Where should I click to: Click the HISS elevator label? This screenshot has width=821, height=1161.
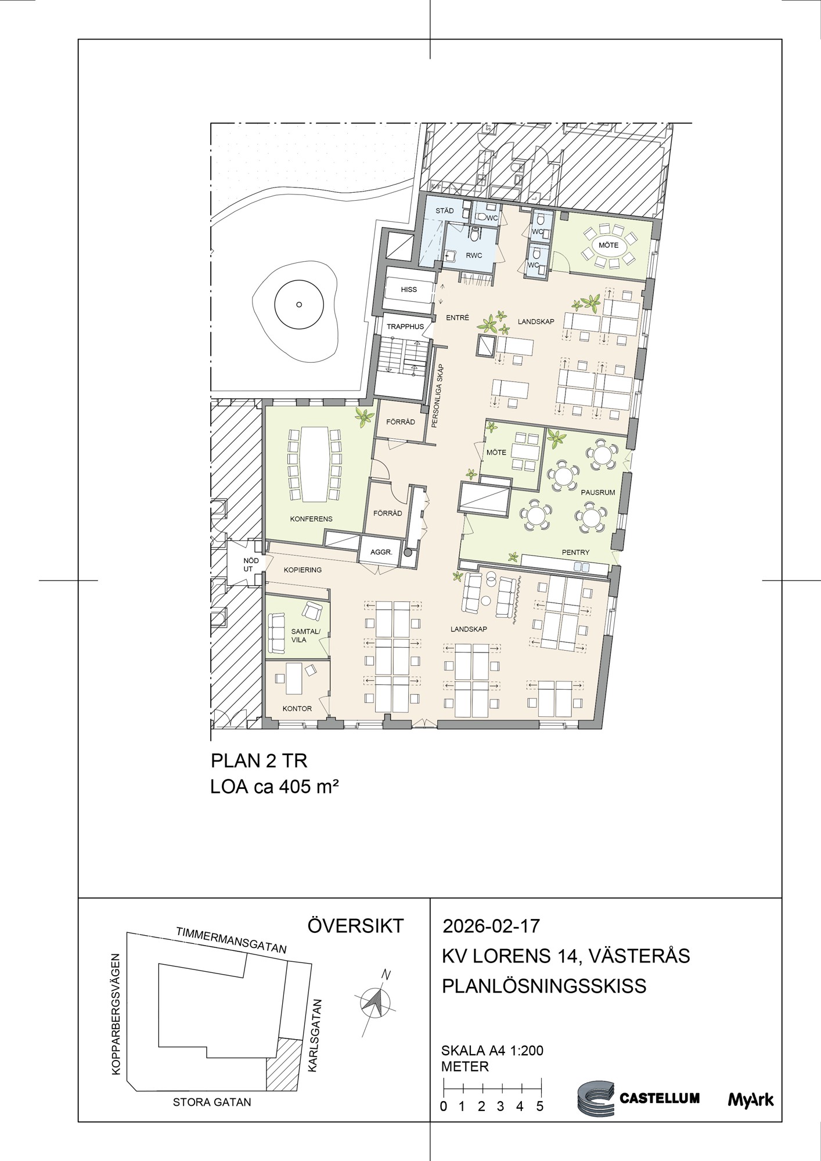click(x=409, y=289)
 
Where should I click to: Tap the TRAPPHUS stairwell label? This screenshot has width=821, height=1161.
click(x=405, y=326)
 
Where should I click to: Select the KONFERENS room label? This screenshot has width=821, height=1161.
click(x=311, y=518)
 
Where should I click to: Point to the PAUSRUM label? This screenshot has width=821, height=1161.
click(x=597, y=492)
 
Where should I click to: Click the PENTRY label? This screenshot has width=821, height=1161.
click(x=575, y=552)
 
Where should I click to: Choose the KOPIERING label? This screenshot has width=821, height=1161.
click(x=303, y=569)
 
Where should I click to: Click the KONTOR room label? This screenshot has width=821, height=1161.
click(x=297, y=708)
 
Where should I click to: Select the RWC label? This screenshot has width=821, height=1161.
click(x=474, y=255)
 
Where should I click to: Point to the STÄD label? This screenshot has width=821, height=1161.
click(x=445, y=211)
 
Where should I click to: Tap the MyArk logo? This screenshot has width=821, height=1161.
click(x=751, y=1099)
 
